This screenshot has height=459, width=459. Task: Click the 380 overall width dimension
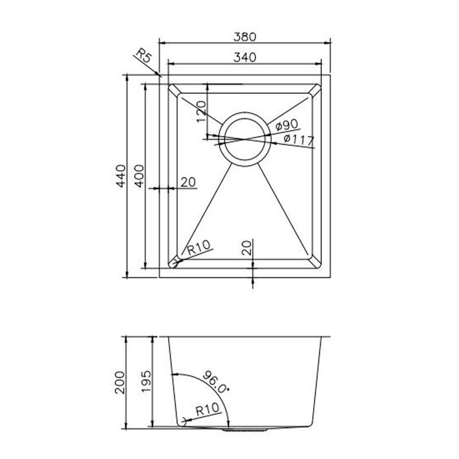(245, 36)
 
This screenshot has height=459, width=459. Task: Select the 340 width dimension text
(245, 56)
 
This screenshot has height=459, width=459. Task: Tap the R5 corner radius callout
(143, 57)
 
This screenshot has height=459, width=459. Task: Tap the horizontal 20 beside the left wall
(188, 182)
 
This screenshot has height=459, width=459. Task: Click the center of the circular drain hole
(245, 139)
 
